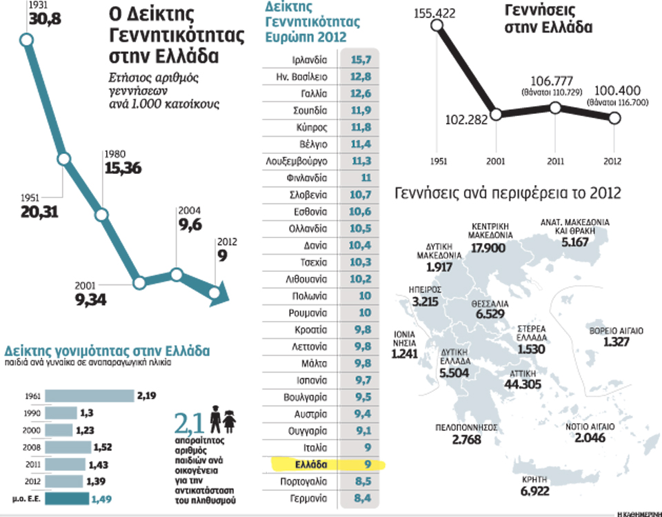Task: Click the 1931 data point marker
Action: (28, 40)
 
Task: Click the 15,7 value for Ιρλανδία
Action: (361, 60)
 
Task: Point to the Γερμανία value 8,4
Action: (361, 498)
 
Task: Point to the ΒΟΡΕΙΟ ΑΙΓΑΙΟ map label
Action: (616, 331)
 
